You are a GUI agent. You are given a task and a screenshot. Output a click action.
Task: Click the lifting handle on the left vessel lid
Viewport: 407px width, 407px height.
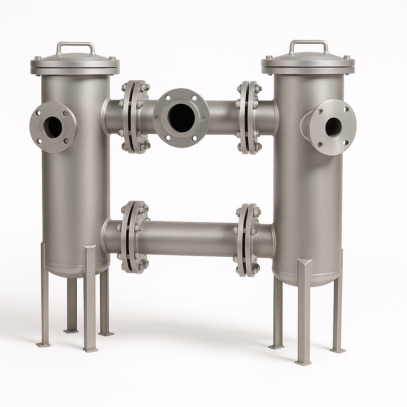(x=76, y=44)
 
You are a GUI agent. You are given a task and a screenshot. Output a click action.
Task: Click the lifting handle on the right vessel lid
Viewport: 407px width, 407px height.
(x=308, y=42)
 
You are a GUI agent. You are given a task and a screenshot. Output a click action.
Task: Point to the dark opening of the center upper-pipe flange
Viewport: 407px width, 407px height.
(x=181, y=115)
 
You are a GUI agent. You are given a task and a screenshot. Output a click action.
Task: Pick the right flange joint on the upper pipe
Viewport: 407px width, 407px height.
(x=248, y=117)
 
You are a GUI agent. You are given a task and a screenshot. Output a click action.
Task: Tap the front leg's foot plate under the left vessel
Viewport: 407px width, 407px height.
(x=91, y=349)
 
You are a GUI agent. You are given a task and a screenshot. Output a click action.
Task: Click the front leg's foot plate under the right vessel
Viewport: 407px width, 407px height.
(x=303, y=362)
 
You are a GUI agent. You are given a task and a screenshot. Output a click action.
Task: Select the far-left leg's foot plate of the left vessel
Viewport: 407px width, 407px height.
(x=43, y=344)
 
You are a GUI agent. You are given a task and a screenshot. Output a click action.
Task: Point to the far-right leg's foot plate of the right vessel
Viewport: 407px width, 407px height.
(x=338, y=350)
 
